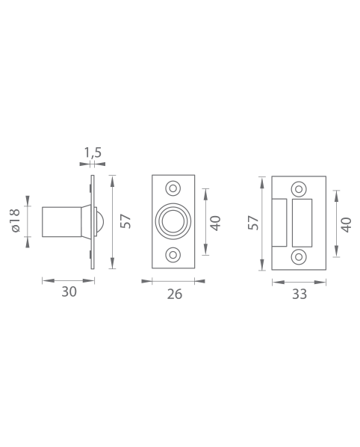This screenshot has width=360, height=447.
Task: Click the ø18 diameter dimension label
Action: click(16, 221)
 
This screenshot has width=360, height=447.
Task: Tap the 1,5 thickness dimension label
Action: click(93, 152)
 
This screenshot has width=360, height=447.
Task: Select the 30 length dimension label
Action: click(69, 292)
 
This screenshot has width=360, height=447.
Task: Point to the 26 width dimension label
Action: click(175, 295)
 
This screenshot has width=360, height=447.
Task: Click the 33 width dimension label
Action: click(300, 295)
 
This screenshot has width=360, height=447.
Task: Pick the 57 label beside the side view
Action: click(125, 221)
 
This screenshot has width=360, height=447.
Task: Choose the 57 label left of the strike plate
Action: click(253, 223)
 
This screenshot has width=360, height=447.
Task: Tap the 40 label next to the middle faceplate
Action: click(215, 223)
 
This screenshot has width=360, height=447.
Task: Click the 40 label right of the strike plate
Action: click(347, 225)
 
